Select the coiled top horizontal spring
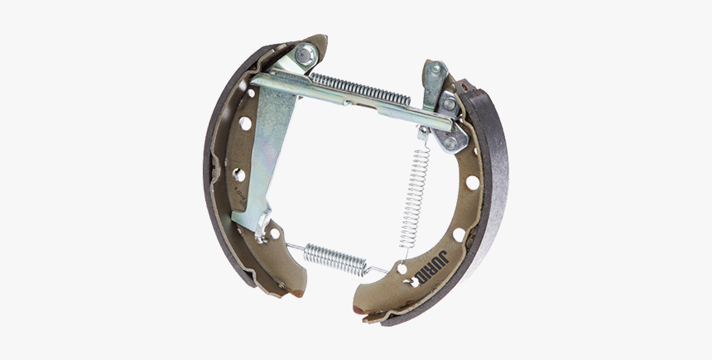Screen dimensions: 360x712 tap(361, 87)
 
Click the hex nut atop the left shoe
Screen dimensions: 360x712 tap(304, 55)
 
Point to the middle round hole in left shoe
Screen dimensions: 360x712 tap(238, 175)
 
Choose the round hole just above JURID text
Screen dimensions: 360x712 tap(458, 234)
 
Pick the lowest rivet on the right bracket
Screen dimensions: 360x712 tap(450, 142)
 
